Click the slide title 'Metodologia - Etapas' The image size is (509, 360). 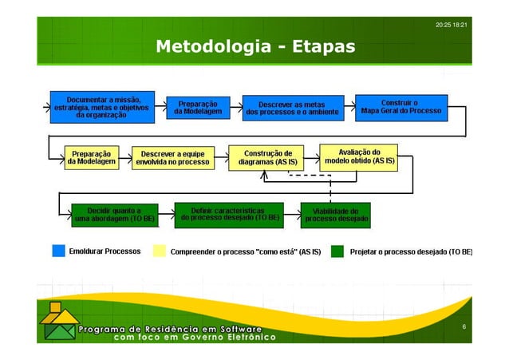pos(254,47)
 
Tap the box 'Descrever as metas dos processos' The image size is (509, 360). pos(291,108)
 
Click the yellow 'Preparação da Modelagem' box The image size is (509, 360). pos(92,156)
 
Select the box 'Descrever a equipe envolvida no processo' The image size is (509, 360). pos(172,156)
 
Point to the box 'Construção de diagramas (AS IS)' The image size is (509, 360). pos(267,156)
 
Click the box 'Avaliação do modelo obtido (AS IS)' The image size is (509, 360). pos(359,156)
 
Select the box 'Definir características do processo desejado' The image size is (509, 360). pos(228,213)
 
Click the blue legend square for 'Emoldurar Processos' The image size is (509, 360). pos(58,251)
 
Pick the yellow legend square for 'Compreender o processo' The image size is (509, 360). pos(159,251)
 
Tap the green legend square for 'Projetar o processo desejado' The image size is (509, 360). pos(337,251)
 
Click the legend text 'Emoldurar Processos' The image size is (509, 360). pos(105,251)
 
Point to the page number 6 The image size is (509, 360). pos(463,328)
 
